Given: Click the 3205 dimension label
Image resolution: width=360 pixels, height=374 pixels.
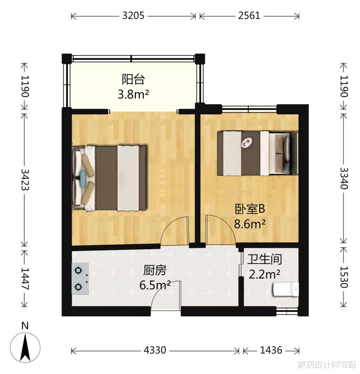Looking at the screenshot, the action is pos(133,16).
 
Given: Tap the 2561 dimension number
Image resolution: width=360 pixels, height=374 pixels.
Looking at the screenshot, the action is pos(249,16).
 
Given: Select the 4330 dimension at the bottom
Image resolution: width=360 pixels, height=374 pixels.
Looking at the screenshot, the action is pos(155,350).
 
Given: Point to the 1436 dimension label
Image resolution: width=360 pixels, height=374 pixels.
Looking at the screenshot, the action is pos(271,350).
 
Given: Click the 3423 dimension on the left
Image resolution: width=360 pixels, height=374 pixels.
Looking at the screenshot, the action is pos(25,180).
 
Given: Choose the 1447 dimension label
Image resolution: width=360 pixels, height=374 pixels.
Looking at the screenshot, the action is pos(25,279).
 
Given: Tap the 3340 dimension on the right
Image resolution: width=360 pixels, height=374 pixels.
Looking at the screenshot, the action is pos(344,178).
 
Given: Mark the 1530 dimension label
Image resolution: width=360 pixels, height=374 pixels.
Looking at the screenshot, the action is pos(344,277).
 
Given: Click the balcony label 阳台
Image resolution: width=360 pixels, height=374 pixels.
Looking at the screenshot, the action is pos(133,79).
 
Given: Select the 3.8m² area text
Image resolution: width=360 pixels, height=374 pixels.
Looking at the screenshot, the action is pos(133,95).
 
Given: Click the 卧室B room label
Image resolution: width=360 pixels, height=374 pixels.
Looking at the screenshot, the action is pos(250,209).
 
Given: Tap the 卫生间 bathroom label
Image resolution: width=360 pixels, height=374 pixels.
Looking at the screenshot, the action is pos(265,259).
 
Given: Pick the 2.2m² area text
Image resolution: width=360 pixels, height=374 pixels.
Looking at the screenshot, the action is pos(265,274).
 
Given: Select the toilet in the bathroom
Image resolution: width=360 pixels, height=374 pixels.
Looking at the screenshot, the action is pos(286,289).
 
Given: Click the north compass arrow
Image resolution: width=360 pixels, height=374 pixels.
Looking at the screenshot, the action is pos(25,347).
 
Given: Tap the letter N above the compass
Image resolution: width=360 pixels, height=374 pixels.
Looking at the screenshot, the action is pos(25,326).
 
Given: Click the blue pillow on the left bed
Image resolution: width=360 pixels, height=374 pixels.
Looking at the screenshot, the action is pos(83,176).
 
